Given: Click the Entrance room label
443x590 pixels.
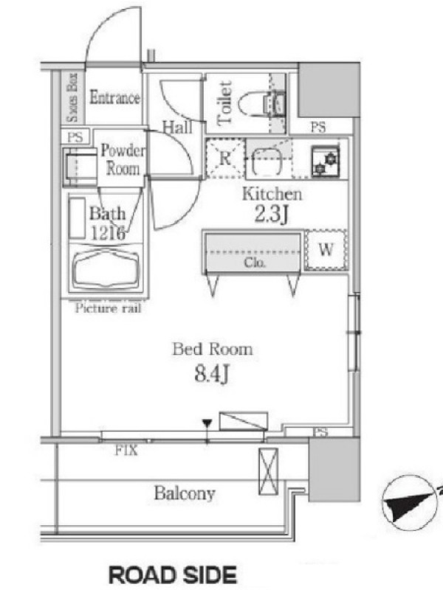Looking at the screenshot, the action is pos(114,97).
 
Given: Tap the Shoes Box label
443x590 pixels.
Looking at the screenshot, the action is pos(72,97).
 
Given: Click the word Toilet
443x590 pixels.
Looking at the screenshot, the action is pos(224,103).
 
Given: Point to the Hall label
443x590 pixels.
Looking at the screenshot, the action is pos(177,127).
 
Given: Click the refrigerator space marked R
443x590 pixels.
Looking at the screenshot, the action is pos(225,158).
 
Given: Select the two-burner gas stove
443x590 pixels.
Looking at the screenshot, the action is pos(325,161).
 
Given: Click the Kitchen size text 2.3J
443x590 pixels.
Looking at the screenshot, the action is pos(272,215).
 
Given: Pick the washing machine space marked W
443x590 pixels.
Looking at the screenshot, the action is pos(326,249).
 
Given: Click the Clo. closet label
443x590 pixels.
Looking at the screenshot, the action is pos(255,262).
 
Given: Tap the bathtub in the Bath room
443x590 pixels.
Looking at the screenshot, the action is pos(106,270).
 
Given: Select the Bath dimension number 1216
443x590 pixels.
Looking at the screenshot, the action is pos(107,234).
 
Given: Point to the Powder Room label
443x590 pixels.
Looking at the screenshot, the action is pos(123,159).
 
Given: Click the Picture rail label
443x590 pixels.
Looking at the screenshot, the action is pos(108,308).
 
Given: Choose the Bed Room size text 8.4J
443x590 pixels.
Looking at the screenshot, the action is pos(212,374).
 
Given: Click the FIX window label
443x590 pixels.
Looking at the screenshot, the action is pos(126,450).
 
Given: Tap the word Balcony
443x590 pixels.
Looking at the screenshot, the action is pos(185,493).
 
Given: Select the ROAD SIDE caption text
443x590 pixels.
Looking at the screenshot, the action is pos(173,575).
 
